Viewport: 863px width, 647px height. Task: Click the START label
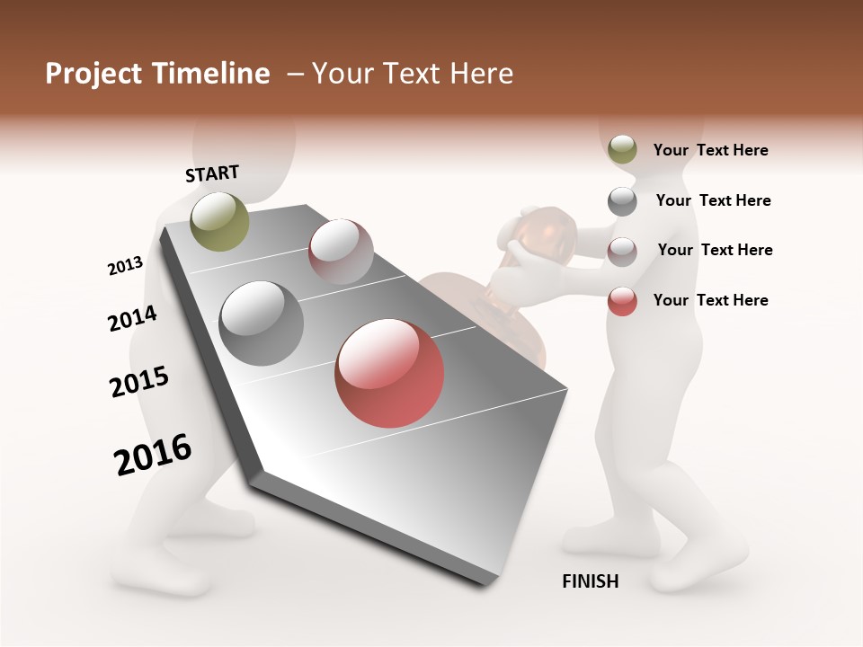[212, 173]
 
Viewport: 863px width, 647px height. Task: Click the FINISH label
[590, 581]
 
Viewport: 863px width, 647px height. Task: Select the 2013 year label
[125, 266]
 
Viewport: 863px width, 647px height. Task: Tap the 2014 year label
[132, 319]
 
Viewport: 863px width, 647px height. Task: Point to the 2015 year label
[139, 383]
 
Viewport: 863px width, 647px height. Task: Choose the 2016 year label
[153, 455]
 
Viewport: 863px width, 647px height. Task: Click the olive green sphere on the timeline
[219, 221]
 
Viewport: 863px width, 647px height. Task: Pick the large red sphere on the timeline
[389, 373]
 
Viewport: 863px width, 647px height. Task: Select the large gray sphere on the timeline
[262, 323]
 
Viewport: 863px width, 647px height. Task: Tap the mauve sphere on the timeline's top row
[341, 251]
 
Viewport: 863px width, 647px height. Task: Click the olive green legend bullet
[622, 150]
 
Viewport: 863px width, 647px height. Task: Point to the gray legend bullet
[622, 201]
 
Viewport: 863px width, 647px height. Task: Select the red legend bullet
[622, 301]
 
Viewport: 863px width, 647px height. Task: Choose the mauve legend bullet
[622, 252]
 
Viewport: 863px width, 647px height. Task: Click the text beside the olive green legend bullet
[710, 151]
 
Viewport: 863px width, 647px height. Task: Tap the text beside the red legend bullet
[710, 300]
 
